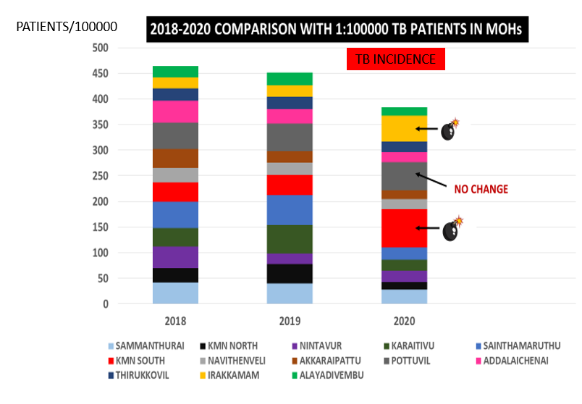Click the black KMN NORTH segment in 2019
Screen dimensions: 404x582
pos(290,274)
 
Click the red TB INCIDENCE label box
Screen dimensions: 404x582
pos(395,59)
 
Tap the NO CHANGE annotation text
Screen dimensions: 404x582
pos(481,190)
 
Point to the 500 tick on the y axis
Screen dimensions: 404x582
pos(99,48)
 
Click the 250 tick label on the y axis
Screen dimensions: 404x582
pos(99,176)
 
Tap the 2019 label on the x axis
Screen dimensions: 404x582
pos(290,321)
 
